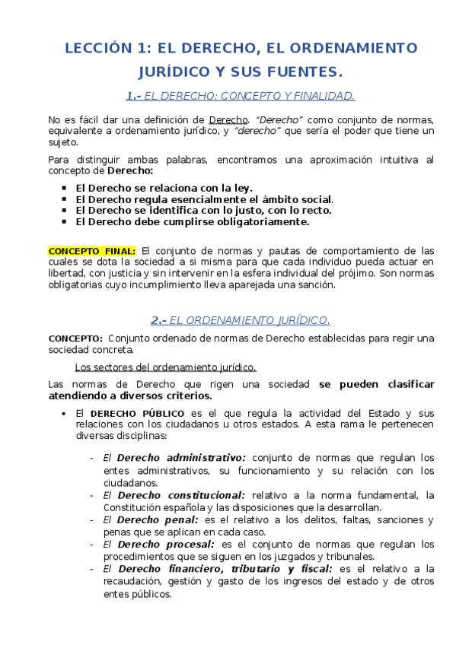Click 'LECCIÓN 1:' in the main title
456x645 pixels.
pos(106,48)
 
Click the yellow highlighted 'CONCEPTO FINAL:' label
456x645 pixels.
pos(92,250)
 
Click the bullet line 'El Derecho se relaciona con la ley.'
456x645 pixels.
pos(164,187)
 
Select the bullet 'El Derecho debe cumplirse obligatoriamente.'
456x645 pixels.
pos(193,222)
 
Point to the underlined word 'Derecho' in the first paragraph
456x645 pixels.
pos(228,119)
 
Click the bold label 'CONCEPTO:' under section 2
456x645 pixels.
pos(75,338)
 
